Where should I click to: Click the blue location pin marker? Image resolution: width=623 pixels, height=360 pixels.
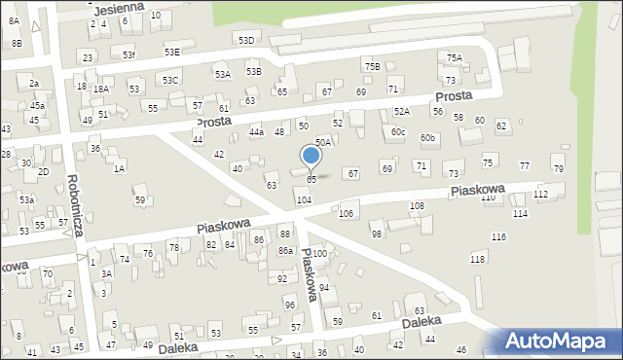click(311, 157)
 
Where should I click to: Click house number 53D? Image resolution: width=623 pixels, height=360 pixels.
click(246, 40)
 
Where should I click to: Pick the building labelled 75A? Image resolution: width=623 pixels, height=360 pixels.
click(455, 58)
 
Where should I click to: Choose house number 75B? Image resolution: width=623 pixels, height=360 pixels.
click(372, 65)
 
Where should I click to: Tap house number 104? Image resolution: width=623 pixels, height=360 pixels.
click(304, 199)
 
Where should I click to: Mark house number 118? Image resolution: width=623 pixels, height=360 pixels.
click(477, 259)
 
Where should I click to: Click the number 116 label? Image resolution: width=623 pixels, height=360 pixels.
click(498, 237)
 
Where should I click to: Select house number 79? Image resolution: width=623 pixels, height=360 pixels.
click(558, 169)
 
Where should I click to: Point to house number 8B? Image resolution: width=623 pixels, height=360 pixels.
click(16, 44)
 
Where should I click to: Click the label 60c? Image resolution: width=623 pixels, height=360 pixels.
click(397, 131)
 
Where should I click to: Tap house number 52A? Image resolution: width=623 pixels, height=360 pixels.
click(402, 112)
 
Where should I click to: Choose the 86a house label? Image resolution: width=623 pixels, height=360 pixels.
click(285, 251)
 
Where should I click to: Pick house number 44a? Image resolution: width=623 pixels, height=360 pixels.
click(256, 131)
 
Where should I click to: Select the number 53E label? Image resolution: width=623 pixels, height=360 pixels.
click(171, 52)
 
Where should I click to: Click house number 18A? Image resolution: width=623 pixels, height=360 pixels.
click(100, 89)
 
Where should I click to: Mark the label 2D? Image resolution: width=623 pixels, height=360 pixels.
click(43, 171)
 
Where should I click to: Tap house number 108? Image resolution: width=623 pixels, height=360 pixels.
click(417, 206)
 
